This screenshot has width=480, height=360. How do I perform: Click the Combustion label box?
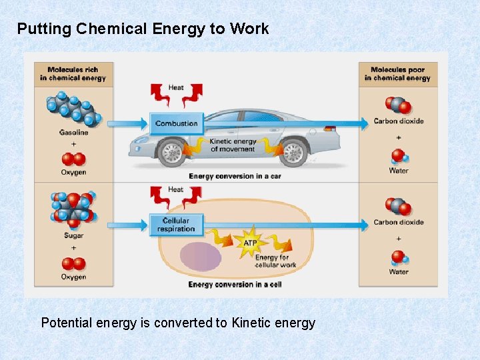click(x=176, y=123)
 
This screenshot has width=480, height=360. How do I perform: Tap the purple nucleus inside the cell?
click(x=200, y=255)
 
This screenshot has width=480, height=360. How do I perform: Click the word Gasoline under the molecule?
click(x=73, y=133)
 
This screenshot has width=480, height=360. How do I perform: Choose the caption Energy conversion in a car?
click(x=231, y=176)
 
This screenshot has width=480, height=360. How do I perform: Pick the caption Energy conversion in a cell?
click(x=235, y=285)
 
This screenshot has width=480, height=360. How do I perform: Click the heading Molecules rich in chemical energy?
click(x=73, y=73)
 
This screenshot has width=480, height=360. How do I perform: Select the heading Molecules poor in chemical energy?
click(x=397, y=73)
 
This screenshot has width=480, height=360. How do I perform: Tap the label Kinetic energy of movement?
click(x=232, y=145)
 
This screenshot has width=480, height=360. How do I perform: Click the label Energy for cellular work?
click(x=275, y=261)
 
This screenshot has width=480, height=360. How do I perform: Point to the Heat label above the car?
click(x=176, y=87)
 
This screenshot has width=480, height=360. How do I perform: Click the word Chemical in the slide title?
click(x=113, y=29)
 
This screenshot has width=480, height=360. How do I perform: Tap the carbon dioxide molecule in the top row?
click(x=398, y=105)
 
